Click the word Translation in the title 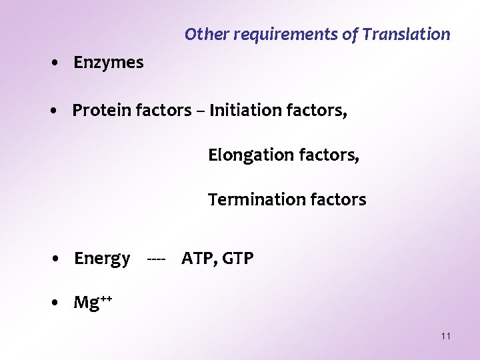coord(406,34)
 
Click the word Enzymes coord(108,63)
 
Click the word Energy coord(102,259)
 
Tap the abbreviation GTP coord(238,259)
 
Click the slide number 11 coord(446,336)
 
